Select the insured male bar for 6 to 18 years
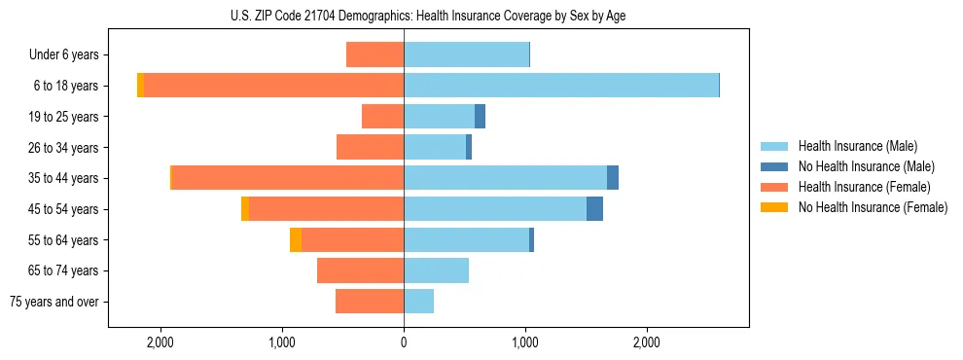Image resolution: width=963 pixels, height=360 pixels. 560,86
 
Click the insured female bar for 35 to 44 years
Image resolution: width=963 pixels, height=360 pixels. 288,177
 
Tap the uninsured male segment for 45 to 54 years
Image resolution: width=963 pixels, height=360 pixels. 594,208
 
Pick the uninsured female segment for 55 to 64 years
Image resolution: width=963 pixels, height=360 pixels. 296,239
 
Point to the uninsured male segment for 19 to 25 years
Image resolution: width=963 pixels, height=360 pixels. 480,117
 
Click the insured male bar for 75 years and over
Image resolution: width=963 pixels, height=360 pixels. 418,302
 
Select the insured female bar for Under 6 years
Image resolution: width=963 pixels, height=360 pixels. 375,55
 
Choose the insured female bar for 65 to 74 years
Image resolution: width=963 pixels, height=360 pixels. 360,270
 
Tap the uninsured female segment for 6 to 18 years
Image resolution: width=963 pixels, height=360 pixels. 141,86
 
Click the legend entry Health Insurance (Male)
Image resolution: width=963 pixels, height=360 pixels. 857,146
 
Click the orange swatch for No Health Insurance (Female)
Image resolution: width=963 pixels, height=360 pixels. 774,207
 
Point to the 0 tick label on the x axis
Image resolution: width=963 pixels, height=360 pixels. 404,342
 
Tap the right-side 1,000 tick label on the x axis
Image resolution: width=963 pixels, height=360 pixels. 525,342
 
